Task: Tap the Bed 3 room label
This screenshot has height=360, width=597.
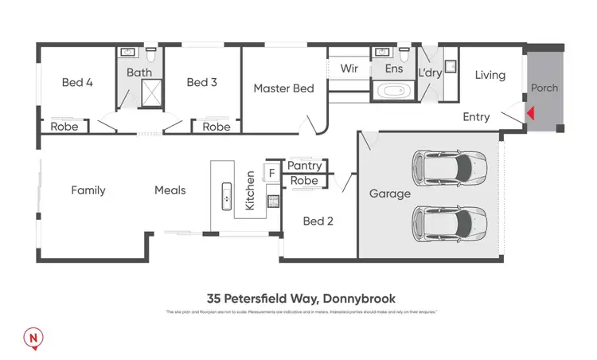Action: (x=202, y=82)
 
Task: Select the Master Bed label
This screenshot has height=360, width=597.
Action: (x=284, y=88)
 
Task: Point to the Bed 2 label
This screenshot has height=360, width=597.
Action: (x=318, y=221)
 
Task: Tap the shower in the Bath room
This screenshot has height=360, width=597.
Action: (x=152, y=94)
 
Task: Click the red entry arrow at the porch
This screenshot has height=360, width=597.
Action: (x=529, y=115)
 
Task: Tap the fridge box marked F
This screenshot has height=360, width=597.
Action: (x=271, y=172)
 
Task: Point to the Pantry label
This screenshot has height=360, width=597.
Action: (x=304, y=166)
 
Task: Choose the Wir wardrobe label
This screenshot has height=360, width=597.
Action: (x=348, y=69)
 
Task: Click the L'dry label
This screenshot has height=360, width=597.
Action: (x=430, y=73)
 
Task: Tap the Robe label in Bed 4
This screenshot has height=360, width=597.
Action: (x=64, y=127)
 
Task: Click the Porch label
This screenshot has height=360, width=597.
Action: (x=544, y=88)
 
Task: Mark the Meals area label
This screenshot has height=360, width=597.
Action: (x=170, y=190)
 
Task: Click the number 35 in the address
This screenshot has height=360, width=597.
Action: (x=213, y=299)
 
